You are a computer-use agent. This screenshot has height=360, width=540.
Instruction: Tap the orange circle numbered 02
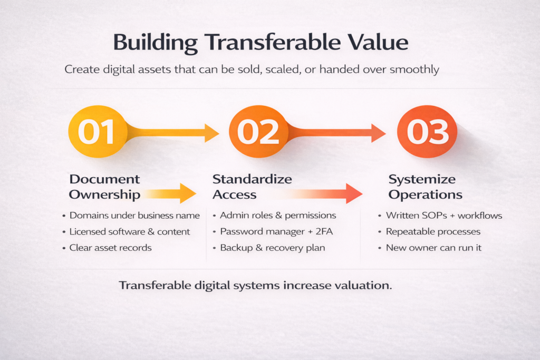pos(258,131)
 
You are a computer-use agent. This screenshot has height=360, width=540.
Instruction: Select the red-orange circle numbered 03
pos(427,131)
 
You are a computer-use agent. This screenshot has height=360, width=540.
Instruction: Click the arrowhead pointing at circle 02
pos(211,133)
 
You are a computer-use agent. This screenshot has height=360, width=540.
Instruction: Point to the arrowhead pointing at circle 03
pos(378,133)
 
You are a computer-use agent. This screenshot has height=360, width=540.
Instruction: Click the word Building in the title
pos(156,43)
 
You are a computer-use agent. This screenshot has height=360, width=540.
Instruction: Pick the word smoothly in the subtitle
pos(414,70)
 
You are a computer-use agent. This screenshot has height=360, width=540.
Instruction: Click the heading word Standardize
pos(252,179)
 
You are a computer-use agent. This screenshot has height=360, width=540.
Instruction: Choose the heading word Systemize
pos(422,180)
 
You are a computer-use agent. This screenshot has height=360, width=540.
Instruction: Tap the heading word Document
pos(104,179)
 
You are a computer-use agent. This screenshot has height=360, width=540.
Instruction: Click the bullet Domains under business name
pos(134,216)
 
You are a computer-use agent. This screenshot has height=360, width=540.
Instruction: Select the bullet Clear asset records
pos(111,248)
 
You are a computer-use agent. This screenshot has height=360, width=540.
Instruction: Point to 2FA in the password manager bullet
pos(324,231)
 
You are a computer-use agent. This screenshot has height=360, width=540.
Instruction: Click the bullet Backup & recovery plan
pos(273,248)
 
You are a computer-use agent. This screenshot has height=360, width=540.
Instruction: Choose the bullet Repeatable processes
pos(433,231)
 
